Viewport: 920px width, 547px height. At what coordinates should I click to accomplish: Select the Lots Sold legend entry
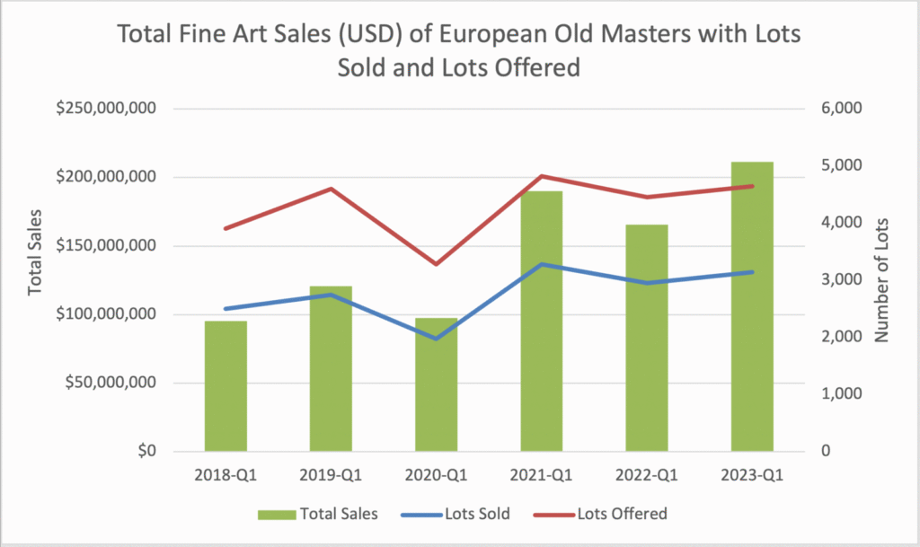click(477, 514)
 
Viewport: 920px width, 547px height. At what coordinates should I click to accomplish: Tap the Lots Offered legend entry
click(621, 514)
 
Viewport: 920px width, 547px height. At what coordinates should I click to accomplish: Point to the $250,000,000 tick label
click(107, 109)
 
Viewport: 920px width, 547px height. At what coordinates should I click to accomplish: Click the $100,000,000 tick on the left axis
click(107, 314)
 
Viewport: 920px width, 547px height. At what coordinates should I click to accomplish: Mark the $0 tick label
click(142, 451)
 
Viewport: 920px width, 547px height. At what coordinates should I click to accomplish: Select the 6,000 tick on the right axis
click(843, 109)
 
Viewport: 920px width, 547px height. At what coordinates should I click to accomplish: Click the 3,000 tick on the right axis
click(843, 280)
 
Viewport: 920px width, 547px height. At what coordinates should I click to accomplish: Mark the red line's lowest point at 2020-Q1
click(436, 264)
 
